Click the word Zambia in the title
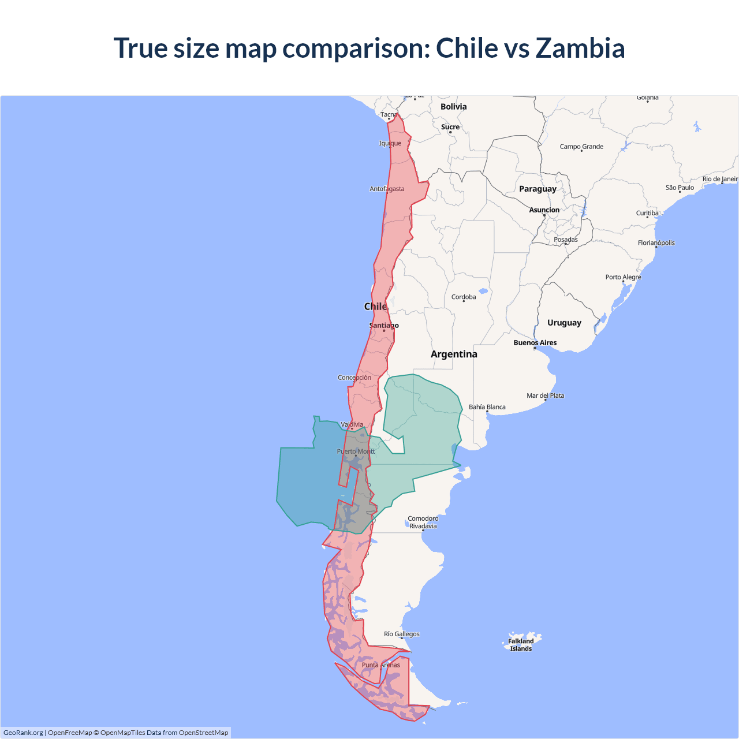point(580,48)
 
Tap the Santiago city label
point(384,326)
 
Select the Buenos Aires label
point(535,343)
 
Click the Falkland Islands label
point(521,645)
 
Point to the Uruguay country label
point(564,323)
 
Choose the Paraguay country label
point(538,189)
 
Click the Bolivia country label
point(453,107)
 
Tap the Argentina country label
point(454,354)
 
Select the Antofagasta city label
point(387,189)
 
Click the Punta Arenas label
point(380,665)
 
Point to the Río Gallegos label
point(402,634)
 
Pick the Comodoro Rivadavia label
point(423,522)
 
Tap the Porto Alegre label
point(623,277)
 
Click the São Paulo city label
point(680,188)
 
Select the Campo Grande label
point(581,147)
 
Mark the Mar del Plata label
point(545,395)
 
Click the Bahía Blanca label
point(487,407)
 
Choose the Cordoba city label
point(464,297)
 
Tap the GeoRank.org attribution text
point(23,733)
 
